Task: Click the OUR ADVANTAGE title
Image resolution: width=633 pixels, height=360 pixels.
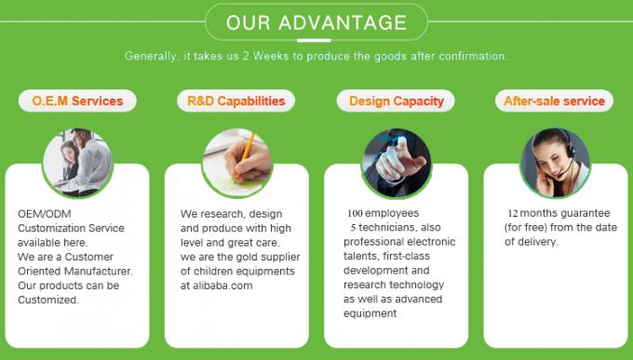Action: point(316,22)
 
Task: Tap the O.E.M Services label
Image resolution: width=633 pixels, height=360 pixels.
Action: point(77,100)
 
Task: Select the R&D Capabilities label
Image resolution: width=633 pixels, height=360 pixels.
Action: point(236,100)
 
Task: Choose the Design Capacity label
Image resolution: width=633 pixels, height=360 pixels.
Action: point(396,100)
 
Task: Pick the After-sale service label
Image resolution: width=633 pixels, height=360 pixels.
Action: point(554,100)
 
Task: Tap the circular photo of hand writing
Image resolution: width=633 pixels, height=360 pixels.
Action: point(236,154)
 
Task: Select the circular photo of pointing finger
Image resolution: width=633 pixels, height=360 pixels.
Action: point(396,154)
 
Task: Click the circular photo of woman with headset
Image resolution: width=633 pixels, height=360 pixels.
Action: point(555,154)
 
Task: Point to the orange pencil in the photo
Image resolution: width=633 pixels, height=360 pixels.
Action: point(246,149)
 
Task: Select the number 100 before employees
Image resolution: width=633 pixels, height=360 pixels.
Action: point(357,213)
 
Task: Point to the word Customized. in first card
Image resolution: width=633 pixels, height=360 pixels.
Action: point(48,300)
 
